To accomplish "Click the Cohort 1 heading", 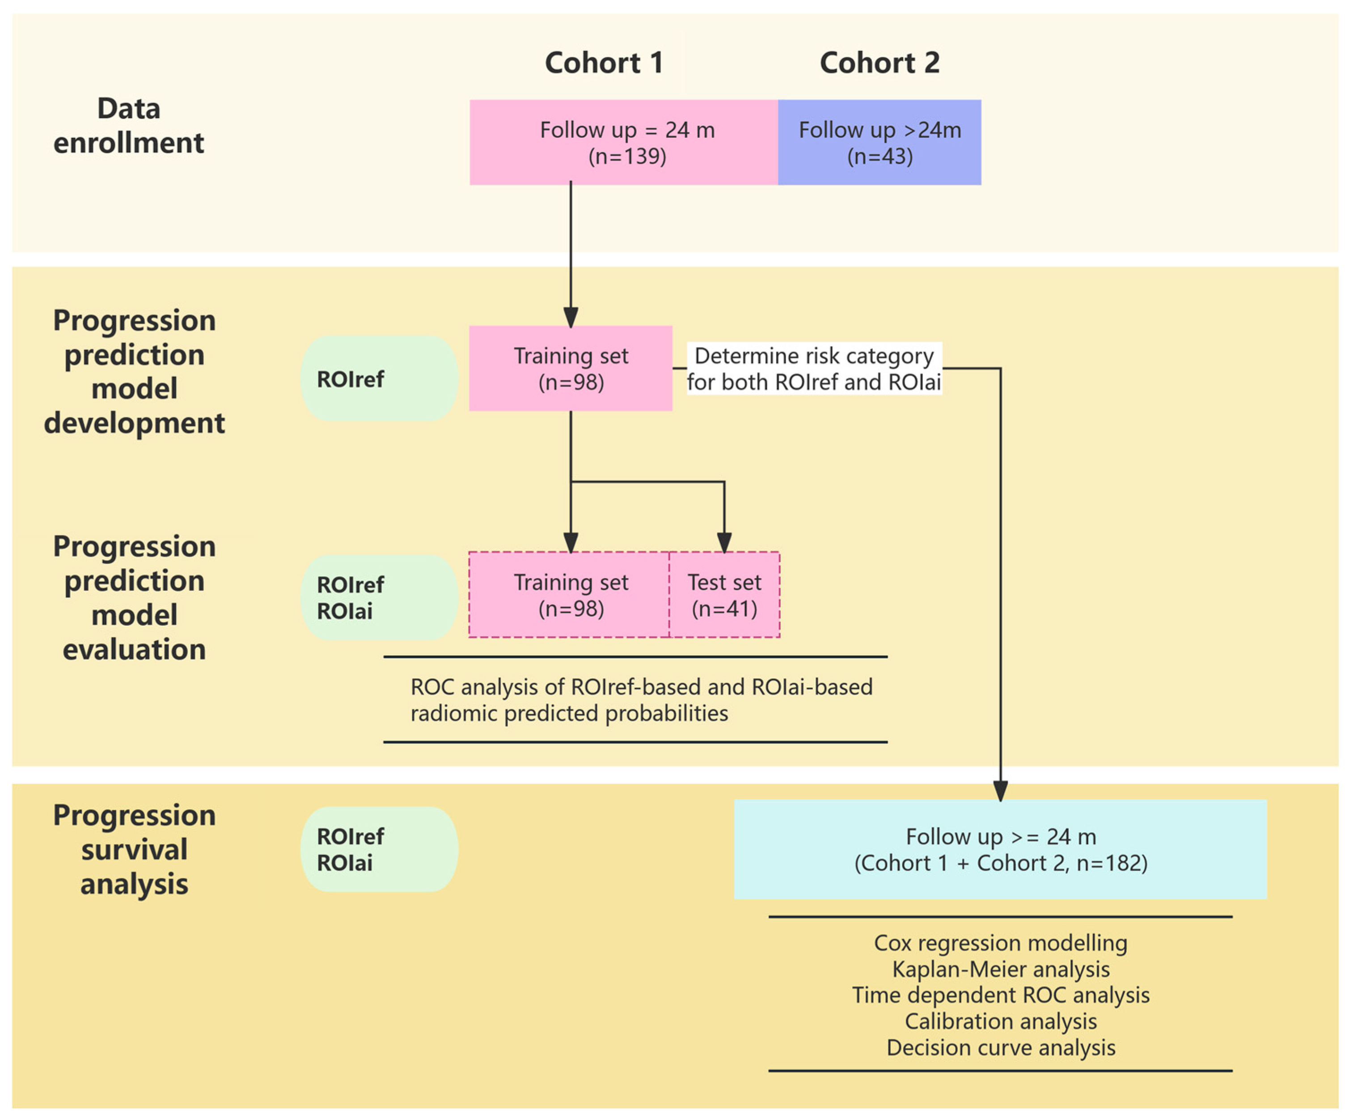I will pyautogui.click(x=604, y=63).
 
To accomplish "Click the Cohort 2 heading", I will pyautogui.click(x=880, y=63).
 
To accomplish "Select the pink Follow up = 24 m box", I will pyautogui.click(x=624, y=143).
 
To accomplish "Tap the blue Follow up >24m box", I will pyautogui.click(x=880, y=143).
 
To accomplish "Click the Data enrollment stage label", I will pyautogui.click(x=128, y=125).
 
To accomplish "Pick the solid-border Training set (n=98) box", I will pyautogui.click(x=571, y=369).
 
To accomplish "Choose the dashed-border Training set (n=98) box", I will pyautogui.click(x=569, y=595).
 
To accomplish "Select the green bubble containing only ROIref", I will pyautogui.click(x=379, y=379).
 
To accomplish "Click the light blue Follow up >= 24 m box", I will pyautogui.click(x=1000, y=849).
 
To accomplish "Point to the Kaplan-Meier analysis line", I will pyautogui.click(x=1000, y=969).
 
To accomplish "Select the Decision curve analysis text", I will pyautogui.click(x=1000, y=1048).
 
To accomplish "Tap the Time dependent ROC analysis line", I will pyautogui.click(x=1000, y=995).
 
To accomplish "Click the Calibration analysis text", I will pyautogui.click(x=1000, y=1022).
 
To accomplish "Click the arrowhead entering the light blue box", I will pyautogui.click(x=1000, y=791).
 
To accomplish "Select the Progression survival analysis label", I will pyautogui.click(x=134, y=849).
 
